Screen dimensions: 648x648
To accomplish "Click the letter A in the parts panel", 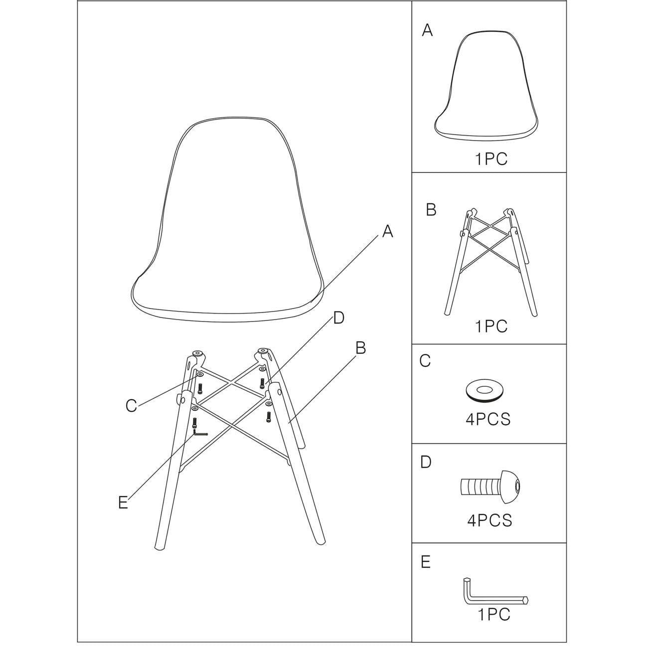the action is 427,30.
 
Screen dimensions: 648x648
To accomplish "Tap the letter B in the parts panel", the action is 431,209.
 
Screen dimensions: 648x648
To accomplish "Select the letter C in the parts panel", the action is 425,361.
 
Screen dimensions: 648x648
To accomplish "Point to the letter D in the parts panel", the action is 426,462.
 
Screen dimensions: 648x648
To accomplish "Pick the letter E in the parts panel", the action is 425,562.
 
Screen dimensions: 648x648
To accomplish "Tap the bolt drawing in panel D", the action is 490,486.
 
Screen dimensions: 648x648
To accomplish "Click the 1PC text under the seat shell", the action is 491,159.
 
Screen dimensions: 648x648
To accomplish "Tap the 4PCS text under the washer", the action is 488,419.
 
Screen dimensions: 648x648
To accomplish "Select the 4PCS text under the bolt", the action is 489,520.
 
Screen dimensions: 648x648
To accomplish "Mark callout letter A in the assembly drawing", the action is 387,232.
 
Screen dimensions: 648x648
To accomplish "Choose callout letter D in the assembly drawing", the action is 338,318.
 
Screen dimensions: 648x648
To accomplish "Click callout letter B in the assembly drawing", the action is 360,348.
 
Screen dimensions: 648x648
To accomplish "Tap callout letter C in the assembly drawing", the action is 131,406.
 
